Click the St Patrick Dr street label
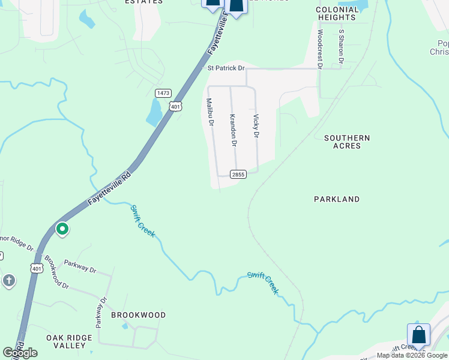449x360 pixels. (x=226, y=68)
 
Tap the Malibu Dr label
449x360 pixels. (x=211, y=112)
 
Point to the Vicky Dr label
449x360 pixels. (x=256, y=126)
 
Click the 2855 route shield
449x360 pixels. (x=238, y=174)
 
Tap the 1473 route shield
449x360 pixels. (x=163, y=93)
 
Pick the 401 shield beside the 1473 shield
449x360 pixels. (x=175, y=107)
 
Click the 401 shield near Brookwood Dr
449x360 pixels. (x=37, y=268)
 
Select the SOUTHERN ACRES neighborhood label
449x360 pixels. (x=347, y=142)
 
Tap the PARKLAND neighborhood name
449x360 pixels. (x=337, y=199)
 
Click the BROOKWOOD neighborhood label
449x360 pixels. (x=138, y=315)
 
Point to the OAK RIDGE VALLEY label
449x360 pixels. (x=69, y=341)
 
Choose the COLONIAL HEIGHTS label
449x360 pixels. (x=336, y=14)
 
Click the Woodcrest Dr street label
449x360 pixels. (x=320, y=47)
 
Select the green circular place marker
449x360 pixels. (x=62, y=229)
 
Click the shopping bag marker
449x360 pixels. (x=418, y=335)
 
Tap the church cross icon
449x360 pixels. (x=8, y=281)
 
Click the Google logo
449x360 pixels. (x=20, y=353)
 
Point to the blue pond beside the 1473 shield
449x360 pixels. (x=155, y=112)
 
